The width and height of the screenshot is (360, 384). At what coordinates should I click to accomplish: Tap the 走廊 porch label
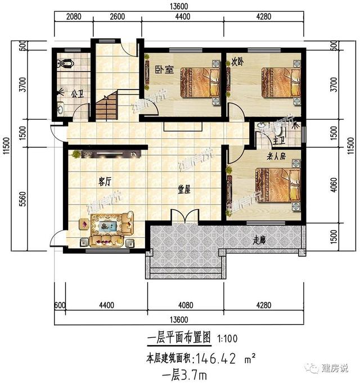pyautogui.click(x=259, y=240)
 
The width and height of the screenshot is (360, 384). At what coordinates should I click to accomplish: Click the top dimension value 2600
pyautogui.click(x=117, y=16)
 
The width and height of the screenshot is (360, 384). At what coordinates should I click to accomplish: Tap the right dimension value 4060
pyautogui.click(x=336, y=186)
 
